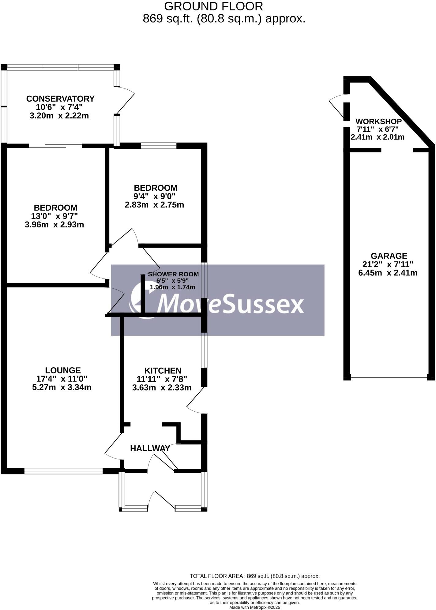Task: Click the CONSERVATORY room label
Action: coord(60,99)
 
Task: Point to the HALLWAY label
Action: coord(150,448)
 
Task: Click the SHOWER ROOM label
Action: coord(173,274)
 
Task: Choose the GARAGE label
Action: coord(389,256)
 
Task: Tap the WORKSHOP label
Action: coord(378,122)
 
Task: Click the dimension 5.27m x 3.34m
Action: coord(62,387)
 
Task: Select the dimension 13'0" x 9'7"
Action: coord(55,216)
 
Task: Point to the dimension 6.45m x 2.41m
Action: coord(388,273)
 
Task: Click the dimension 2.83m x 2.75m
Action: coord(155,205)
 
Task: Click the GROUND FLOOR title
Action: coord(214,6)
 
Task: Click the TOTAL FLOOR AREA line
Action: coord(255,576)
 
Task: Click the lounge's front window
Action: coord(63,471)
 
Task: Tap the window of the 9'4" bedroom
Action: coord(159,146)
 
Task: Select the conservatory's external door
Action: coord(125,100)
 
